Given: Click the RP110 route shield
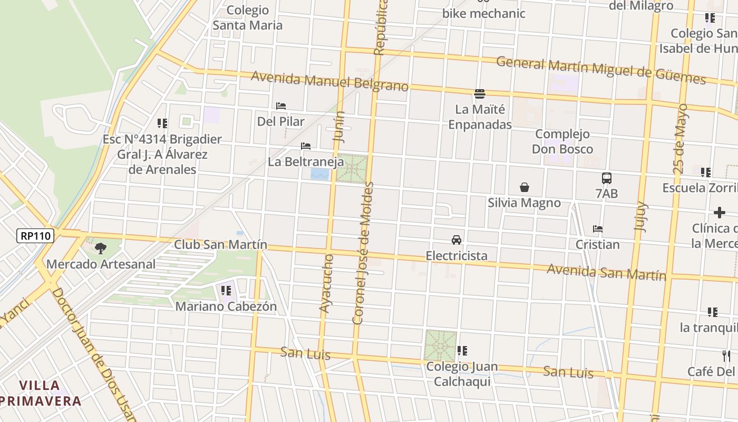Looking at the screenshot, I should click(36, 236).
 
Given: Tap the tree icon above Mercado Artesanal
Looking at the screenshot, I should click(100, 248).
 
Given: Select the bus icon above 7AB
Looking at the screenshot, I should click(607, 178).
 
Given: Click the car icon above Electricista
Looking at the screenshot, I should click(457, 240).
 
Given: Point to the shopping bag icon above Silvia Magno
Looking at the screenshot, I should click(525, 187).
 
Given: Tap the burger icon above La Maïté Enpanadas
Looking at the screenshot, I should click(480, 94).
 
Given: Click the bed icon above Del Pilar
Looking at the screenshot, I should click(281, 106).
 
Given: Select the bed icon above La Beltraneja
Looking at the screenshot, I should click(306, 146).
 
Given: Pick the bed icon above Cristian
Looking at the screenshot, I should click(598, 229).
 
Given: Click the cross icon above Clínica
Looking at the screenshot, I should click(720, 213).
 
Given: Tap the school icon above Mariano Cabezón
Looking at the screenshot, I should click(226, 291).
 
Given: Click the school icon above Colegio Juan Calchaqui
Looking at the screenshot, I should click(462, 351).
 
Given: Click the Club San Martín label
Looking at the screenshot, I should click(220, 245).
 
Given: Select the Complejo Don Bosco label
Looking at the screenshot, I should click(562, 141).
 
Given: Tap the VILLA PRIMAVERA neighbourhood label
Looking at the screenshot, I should click(41, 393).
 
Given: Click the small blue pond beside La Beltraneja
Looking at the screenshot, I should click(319, 174).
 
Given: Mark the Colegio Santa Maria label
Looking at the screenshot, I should click(247, 17).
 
